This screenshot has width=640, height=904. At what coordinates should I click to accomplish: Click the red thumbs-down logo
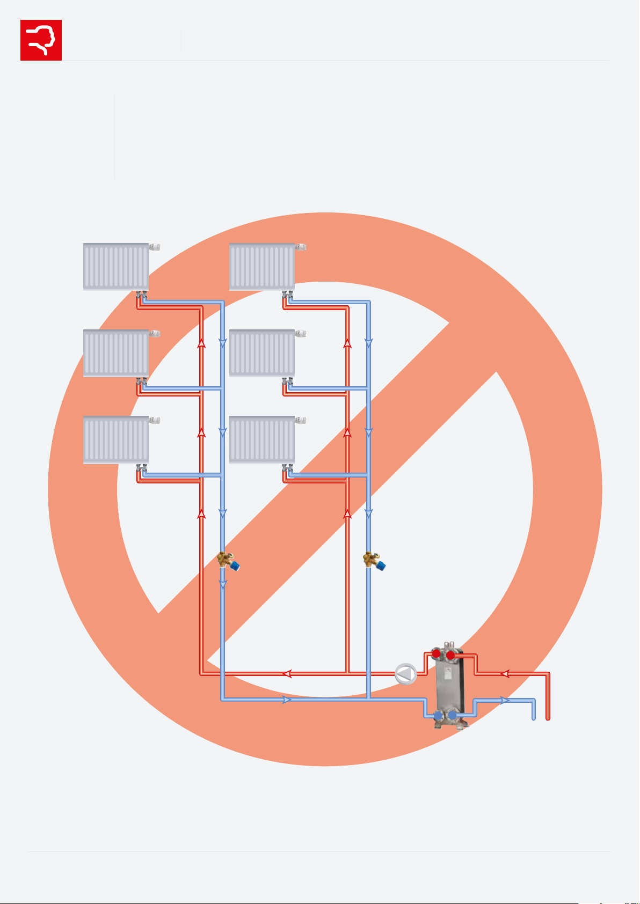click(41, 40)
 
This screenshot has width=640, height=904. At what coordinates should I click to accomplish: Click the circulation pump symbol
click(406, 674)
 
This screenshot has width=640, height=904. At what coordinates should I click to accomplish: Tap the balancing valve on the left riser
click(227, 561)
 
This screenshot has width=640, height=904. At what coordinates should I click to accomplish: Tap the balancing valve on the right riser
click(374, 561)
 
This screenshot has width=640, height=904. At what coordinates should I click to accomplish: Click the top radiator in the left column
click(116, 267)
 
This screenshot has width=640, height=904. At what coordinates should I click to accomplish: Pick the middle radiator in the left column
click(116, 353)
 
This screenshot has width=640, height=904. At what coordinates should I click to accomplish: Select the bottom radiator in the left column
click(116, 440)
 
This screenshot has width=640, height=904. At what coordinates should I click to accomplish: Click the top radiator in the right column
click(262, 267)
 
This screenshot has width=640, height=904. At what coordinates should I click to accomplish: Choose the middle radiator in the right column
click(262, 353)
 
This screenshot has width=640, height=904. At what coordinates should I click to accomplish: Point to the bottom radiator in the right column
click(262, 440)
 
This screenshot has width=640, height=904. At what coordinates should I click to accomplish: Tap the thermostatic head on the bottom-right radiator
click(301, 420)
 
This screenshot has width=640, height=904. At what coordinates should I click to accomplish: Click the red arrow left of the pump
click(287, 674)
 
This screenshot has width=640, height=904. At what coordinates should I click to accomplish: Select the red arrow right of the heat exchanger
click(505, 674)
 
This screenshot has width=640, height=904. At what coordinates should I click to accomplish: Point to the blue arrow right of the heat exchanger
click(505, 700)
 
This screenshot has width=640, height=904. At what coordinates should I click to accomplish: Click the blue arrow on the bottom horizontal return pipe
click(287, 700)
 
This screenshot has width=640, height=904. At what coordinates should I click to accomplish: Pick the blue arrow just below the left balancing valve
click(223, 585)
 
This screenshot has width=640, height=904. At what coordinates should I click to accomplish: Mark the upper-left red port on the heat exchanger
click(437, 655)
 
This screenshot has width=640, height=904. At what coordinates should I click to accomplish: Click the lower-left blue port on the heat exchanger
click(438, 715)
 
